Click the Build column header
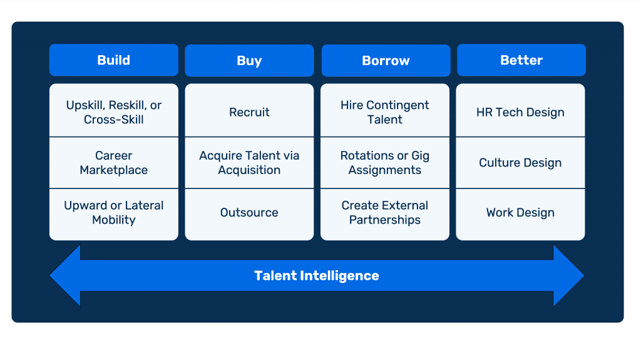click(113, 60)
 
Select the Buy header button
click(249, 61)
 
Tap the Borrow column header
click(386, 61)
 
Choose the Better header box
click(521, 60)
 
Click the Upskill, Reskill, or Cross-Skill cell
click(113, 112)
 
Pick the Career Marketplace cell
click(113, 163)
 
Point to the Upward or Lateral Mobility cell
click(113, 213)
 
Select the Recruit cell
click(249, 112)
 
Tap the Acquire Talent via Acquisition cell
click(249, 163)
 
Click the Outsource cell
click(249, 213)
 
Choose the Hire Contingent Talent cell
click(385, 112)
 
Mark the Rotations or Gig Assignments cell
click(385, 163)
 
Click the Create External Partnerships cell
click(385, 213)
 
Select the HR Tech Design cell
click(520, 112)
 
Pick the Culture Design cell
click(520, 163)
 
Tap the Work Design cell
click(520, 213)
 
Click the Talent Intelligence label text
click(317, 275)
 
